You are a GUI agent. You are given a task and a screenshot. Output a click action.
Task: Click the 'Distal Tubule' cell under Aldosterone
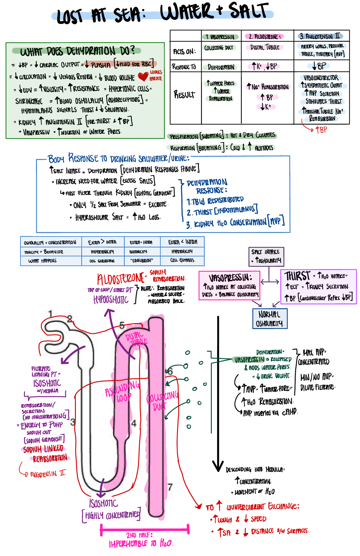pos(265,47)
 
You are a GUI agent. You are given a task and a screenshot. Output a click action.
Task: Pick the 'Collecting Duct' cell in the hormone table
pos(219,48)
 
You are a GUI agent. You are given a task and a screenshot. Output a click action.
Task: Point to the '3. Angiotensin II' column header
pos(320,37)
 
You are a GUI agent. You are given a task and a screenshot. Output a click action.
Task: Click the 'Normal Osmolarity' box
pos(270,319)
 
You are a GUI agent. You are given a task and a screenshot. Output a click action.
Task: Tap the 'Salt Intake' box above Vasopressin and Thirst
pos(266,256)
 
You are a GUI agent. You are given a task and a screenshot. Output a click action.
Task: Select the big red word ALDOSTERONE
pos(120,279)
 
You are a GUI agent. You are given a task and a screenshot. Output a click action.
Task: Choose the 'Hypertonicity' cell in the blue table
pos(102,252)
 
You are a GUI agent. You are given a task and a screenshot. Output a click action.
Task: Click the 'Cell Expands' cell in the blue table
pos(183,260)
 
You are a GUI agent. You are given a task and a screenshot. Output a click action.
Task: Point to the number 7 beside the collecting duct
pos(170,487)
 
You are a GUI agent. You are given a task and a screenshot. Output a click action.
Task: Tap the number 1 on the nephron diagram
pos(50,314)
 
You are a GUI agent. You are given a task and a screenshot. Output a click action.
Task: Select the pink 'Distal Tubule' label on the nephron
pos(136,339)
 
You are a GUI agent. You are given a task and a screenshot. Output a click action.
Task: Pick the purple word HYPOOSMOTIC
pos(111,299)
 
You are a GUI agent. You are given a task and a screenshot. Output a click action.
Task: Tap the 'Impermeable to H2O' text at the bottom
pos(141,543)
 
